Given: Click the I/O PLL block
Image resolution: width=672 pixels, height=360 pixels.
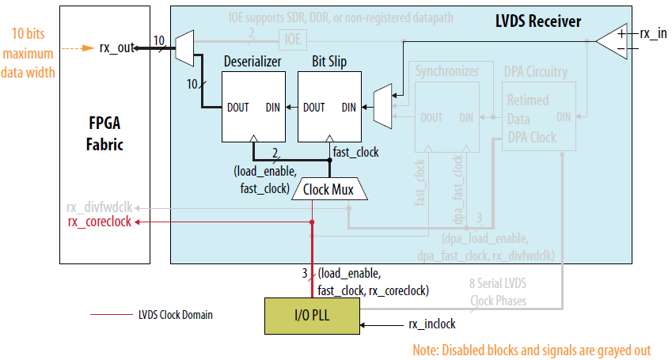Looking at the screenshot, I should point(311,315).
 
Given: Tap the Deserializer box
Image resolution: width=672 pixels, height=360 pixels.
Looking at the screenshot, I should point(252,105).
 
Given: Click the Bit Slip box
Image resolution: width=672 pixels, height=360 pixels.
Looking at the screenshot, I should point(330,105).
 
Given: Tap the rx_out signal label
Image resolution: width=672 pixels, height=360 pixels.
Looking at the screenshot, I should point(116,47).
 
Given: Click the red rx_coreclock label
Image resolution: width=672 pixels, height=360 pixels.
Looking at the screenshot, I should point(100,222).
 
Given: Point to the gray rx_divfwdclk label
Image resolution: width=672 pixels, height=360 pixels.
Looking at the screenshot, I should point(100,208).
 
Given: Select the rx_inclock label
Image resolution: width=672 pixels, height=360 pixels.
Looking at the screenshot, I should point(431,324).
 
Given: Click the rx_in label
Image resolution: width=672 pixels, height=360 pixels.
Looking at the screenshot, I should point(651,33).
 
